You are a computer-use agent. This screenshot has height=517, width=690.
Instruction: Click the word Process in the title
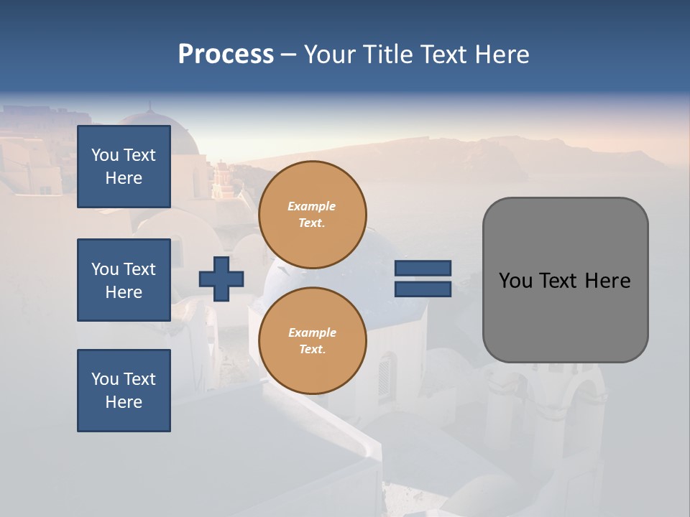(226, 55)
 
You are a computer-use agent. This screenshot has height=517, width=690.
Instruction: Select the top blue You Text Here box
(124, 167)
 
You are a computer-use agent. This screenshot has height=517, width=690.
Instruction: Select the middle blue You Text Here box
(124, 280)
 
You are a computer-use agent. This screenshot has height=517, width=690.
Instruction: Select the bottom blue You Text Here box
(124, 390)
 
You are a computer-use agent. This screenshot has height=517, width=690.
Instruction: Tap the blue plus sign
(221, 279)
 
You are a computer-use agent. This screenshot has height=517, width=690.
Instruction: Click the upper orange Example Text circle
(312, 214)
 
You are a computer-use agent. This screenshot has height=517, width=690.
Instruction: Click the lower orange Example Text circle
(312, 340)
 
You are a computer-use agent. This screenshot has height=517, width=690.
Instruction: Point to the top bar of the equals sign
(423, 268)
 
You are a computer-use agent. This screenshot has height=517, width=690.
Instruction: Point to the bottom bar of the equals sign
(423, 289)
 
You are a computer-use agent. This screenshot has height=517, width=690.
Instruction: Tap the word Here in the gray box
(607, 281)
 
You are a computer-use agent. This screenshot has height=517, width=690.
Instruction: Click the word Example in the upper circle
(311, 206)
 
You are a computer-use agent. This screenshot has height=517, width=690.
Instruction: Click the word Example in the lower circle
(312, 332)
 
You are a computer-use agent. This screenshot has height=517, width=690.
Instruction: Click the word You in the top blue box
(105, 155)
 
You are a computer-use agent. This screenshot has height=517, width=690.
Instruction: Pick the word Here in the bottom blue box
(124, 402)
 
